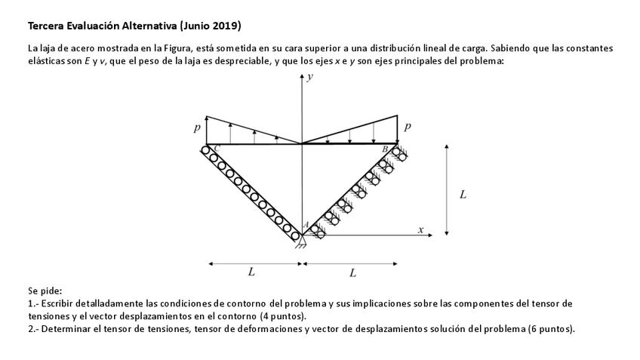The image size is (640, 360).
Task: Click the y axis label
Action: tap(310, 78)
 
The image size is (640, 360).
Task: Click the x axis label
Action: tap(421, 229)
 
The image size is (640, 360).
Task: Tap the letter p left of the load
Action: tap(196, 129)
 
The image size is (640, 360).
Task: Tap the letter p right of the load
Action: tap(408, 127)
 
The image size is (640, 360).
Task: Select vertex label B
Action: tap(386, 149)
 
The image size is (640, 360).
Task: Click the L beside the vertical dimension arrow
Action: tap(463, 195)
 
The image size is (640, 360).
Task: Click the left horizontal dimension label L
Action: tap(251, 271)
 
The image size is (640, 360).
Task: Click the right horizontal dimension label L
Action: tap(353, 272)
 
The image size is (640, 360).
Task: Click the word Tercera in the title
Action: tap(46, 26)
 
